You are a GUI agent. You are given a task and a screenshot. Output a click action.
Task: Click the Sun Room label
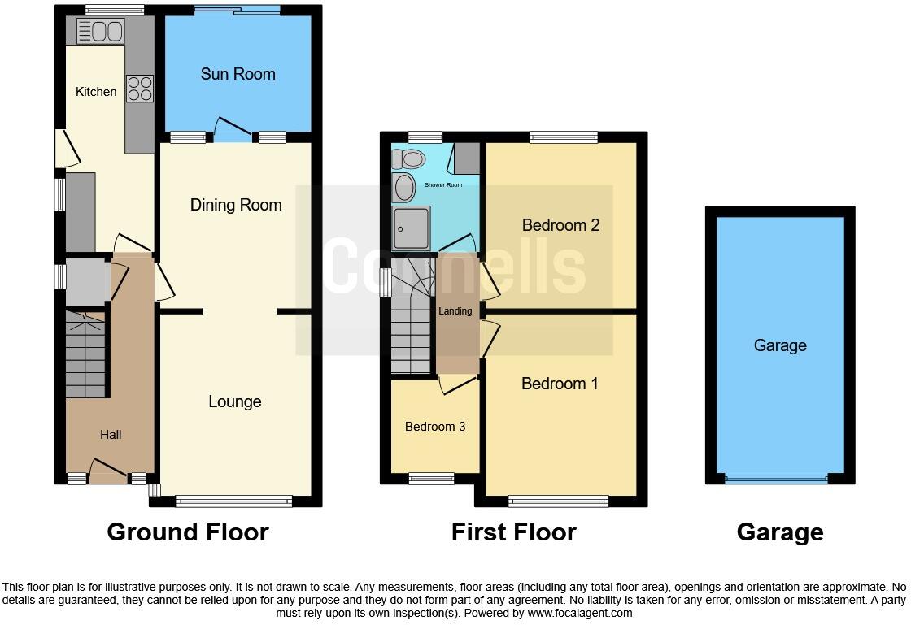click(x=238, y=74)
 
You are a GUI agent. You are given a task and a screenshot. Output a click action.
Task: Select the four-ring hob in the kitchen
click(x=139, y=88)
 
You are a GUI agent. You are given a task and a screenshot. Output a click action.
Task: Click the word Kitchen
click(x=96, y=92)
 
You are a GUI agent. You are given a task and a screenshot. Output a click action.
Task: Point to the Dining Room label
click(x=236, y=205)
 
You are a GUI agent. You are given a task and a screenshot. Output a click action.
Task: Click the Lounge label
click(x=234, y=401)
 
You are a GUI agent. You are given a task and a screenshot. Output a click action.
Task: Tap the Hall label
click(x=111, y=435)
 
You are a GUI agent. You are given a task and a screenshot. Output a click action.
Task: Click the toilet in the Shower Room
click(x=411, y=158)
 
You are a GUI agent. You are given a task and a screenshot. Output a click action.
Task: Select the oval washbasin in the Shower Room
click(x=404, y=188)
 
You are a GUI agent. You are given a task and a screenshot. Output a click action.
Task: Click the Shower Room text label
click(x=443, y=185)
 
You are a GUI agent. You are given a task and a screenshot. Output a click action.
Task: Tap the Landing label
click(x=455, y=311)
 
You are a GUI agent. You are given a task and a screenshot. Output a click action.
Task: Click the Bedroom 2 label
click(x=560, y=225)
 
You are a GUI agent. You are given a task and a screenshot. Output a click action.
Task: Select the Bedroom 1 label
click(x=560, y=384)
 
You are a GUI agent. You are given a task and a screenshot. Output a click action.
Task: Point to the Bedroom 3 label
click(x=435, y=427)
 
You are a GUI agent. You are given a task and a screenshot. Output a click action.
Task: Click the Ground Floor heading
click(x=187, y=532)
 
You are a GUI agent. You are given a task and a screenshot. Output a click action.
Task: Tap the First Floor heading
click(x=513, y=532)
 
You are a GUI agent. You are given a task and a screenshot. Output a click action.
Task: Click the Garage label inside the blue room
click(x=779, y=345)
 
